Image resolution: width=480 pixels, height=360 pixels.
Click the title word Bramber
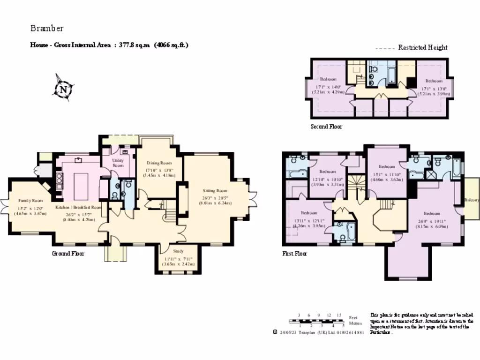pyautogui.click(x=47, y=28)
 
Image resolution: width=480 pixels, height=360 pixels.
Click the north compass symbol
pyautogui.click(x=63, y=88)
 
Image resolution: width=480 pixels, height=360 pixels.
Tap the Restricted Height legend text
pyautogui.click(x=423, y=47)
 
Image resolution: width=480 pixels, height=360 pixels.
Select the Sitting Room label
pyautogui.click(x=215, y=191)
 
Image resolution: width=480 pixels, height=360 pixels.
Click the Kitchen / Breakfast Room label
pyautogui.click(x=78, y=207)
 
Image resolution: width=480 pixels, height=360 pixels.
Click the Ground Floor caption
pyautogui.click(x=68, y=254)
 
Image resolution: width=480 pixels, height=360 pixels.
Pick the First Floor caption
pyautogui.click(x=294, y=254)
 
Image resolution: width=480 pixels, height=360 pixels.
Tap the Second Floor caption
pyautogui.click(x=326, y=127)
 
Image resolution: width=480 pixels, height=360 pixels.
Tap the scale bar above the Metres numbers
pyautogui.click(x=317, y=320)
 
